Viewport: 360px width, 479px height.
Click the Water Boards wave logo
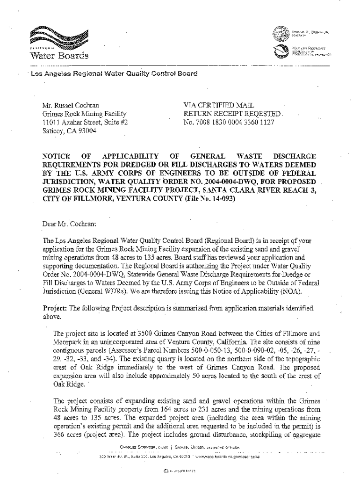[x=58, y=36]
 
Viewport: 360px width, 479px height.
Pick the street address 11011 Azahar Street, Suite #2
[x=85, y=123]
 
